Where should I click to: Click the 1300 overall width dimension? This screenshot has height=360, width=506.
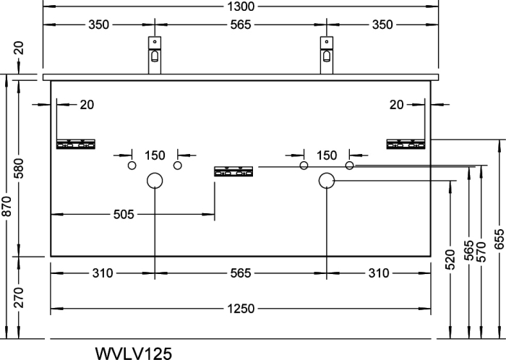[x=241, y=6]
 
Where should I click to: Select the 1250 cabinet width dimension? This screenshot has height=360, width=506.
[x=241, y=309]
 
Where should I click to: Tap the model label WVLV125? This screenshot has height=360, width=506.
[x=134, y=353]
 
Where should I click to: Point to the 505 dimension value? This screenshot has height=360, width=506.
[x=124, y=214]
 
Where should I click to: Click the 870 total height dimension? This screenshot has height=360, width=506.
[x=7, y=206]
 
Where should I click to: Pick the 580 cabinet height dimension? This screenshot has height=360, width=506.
[x=19, y=168]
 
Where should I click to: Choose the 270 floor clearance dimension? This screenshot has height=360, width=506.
[x=19, y=297]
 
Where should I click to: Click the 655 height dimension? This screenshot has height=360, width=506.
[x=499, y=239]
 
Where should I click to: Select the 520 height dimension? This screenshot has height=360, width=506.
[x=450, y=260]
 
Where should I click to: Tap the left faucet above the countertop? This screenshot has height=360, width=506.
[x=155, y=55]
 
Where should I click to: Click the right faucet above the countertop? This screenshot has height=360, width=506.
[x=327, y=55]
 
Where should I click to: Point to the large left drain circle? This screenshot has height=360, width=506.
[x=155, y=173]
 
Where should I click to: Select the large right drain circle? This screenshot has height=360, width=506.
[x=327, y=173]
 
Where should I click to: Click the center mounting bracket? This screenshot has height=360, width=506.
[x=233, y=171]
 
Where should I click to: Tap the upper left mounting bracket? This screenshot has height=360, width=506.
[x=76, y=144]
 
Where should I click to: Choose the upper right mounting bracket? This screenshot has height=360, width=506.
[x=406, y=144]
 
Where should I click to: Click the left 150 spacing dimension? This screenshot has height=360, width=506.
[x=155, y=155]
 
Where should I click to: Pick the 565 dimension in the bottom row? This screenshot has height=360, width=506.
[x=241, y=273]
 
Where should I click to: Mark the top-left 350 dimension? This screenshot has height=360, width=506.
[x=99, y=25]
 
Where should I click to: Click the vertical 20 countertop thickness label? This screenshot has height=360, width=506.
[x=19, y=48]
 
